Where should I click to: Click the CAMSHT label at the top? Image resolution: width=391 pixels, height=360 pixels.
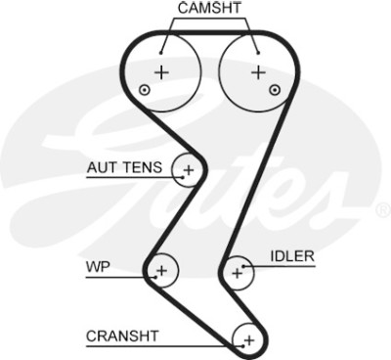[209, 8]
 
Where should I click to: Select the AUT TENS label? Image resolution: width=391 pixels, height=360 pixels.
[124, 167]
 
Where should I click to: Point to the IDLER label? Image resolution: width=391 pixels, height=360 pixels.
[292, 256]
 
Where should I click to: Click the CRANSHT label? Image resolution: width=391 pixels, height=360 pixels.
[122, 336]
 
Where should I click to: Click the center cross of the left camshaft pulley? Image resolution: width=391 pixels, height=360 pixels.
[161, 72]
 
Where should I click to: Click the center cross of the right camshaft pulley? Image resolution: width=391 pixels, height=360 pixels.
[259, 72]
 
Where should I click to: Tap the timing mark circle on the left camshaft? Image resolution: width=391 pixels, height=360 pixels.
[145, 90]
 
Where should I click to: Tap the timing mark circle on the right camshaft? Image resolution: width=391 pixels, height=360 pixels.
[276, 90]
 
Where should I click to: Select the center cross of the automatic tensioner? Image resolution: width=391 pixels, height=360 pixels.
[189, 170]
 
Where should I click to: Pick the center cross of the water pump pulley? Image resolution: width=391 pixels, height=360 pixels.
[161, 270]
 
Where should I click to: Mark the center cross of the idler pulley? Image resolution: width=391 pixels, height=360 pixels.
[238, 273]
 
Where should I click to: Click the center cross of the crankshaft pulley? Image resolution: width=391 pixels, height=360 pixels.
[249, 340]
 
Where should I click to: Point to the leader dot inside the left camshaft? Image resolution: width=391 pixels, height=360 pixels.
[160, 53]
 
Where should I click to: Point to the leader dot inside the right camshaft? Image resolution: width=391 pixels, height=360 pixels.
[258, 53]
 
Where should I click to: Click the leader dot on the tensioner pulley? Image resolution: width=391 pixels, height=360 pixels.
[183, 178]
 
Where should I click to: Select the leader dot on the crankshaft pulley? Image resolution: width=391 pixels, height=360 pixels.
[242, 346]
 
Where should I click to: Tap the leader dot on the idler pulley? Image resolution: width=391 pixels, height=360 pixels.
[243, 266]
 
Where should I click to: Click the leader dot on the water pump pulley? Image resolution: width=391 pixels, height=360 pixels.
[155, 278]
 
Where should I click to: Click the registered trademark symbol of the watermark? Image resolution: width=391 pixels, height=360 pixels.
[384, 210]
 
